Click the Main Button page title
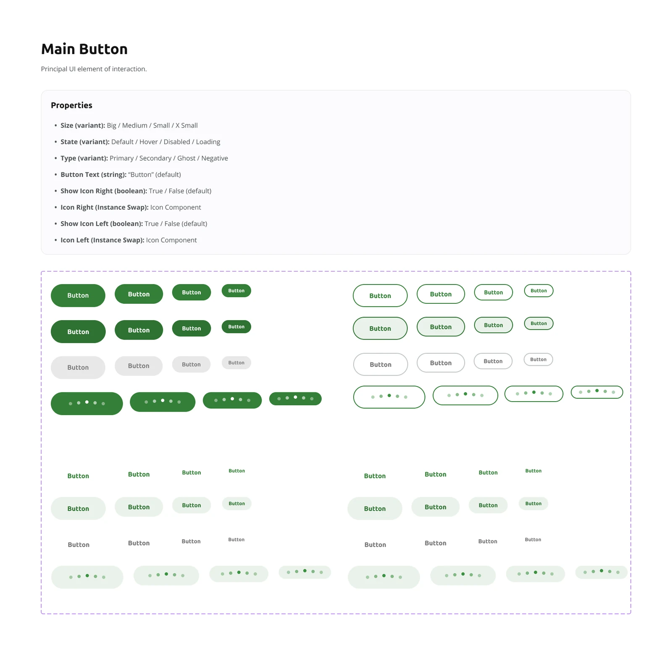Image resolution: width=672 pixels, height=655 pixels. tap(84, 49)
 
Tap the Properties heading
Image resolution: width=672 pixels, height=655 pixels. tap(71, 105)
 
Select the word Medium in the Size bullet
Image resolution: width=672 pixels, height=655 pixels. tap(135, 125)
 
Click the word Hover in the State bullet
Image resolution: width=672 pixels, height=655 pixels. tap(149, 142)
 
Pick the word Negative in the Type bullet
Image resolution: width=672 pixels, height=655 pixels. tap(215, 158)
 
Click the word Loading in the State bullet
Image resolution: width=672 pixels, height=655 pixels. tap(208, 142)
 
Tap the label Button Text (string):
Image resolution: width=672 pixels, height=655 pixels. tap(93, 175)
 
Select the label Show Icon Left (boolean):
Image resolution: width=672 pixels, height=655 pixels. tap(102, 224)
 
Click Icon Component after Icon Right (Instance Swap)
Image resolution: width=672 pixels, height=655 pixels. tap(176, 207)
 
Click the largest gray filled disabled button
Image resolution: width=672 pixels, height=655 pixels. tap(78, 368)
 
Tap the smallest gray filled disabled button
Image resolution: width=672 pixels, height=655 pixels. tap(236, 363)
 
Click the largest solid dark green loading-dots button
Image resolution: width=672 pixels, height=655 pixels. tap(87, 404)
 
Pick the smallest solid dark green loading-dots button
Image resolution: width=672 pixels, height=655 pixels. tap(295, 399)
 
